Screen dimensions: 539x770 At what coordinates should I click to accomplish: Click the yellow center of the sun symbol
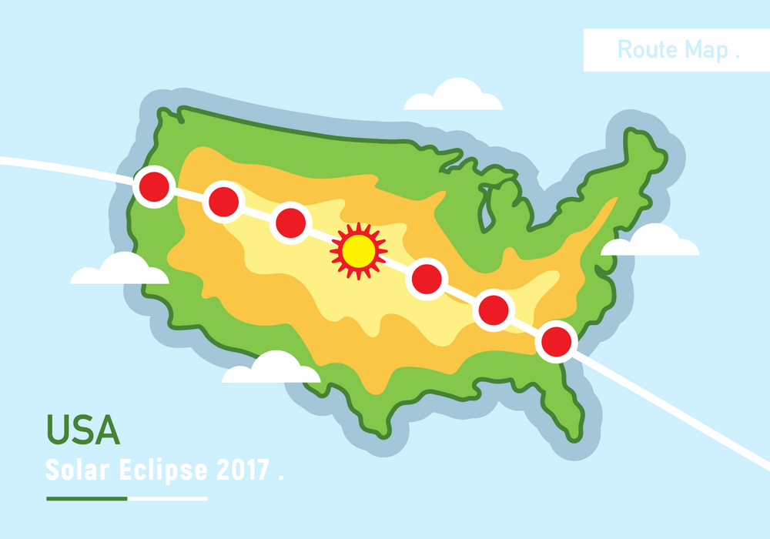[358, 250]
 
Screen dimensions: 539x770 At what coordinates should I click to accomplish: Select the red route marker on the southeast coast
[557, 341]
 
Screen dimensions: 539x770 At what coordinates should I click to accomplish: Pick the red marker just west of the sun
[291, 222]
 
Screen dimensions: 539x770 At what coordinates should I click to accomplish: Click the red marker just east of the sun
[427, 279]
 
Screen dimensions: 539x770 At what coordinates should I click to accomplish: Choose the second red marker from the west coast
[223, 202]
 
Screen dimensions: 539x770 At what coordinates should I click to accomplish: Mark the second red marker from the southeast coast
[494, 310]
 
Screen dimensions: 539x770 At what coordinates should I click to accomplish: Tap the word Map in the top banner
[707, 51]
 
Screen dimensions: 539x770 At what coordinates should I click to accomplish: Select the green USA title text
[83, 430]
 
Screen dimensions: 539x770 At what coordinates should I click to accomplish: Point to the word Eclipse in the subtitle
[160, 469]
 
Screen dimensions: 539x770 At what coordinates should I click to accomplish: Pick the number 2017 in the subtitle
[242, 469]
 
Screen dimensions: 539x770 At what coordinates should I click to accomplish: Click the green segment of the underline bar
[86, 498]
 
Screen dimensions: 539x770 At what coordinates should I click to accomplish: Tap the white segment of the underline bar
[167, 498]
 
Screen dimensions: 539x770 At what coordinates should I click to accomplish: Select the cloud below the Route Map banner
[454, 97]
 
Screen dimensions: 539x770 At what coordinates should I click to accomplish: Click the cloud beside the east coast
[651, 243]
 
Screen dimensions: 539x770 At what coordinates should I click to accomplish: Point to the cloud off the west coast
[119, 270]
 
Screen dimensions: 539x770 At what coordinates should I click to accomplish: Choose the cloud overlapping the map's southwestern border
[271, 370]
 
